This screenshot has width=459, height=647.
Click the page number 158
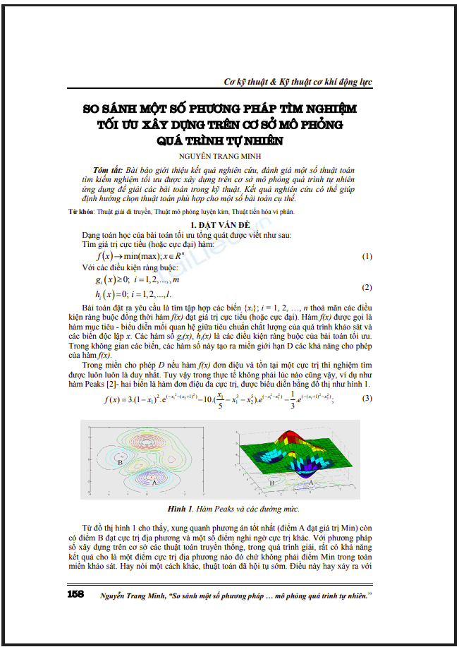click(75, 593)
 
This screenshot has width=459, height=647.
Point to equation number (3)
click(367, 399)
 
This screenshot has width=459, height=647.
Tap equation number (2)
click(367, 288)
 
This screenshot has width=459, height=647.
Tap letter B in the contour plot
click(102, 463)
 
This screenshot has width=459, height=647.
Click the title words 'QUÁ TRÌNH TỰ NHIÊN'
click(220, 139)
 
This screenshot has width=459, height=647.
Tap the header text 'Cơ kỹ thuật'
click(247, 83)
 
